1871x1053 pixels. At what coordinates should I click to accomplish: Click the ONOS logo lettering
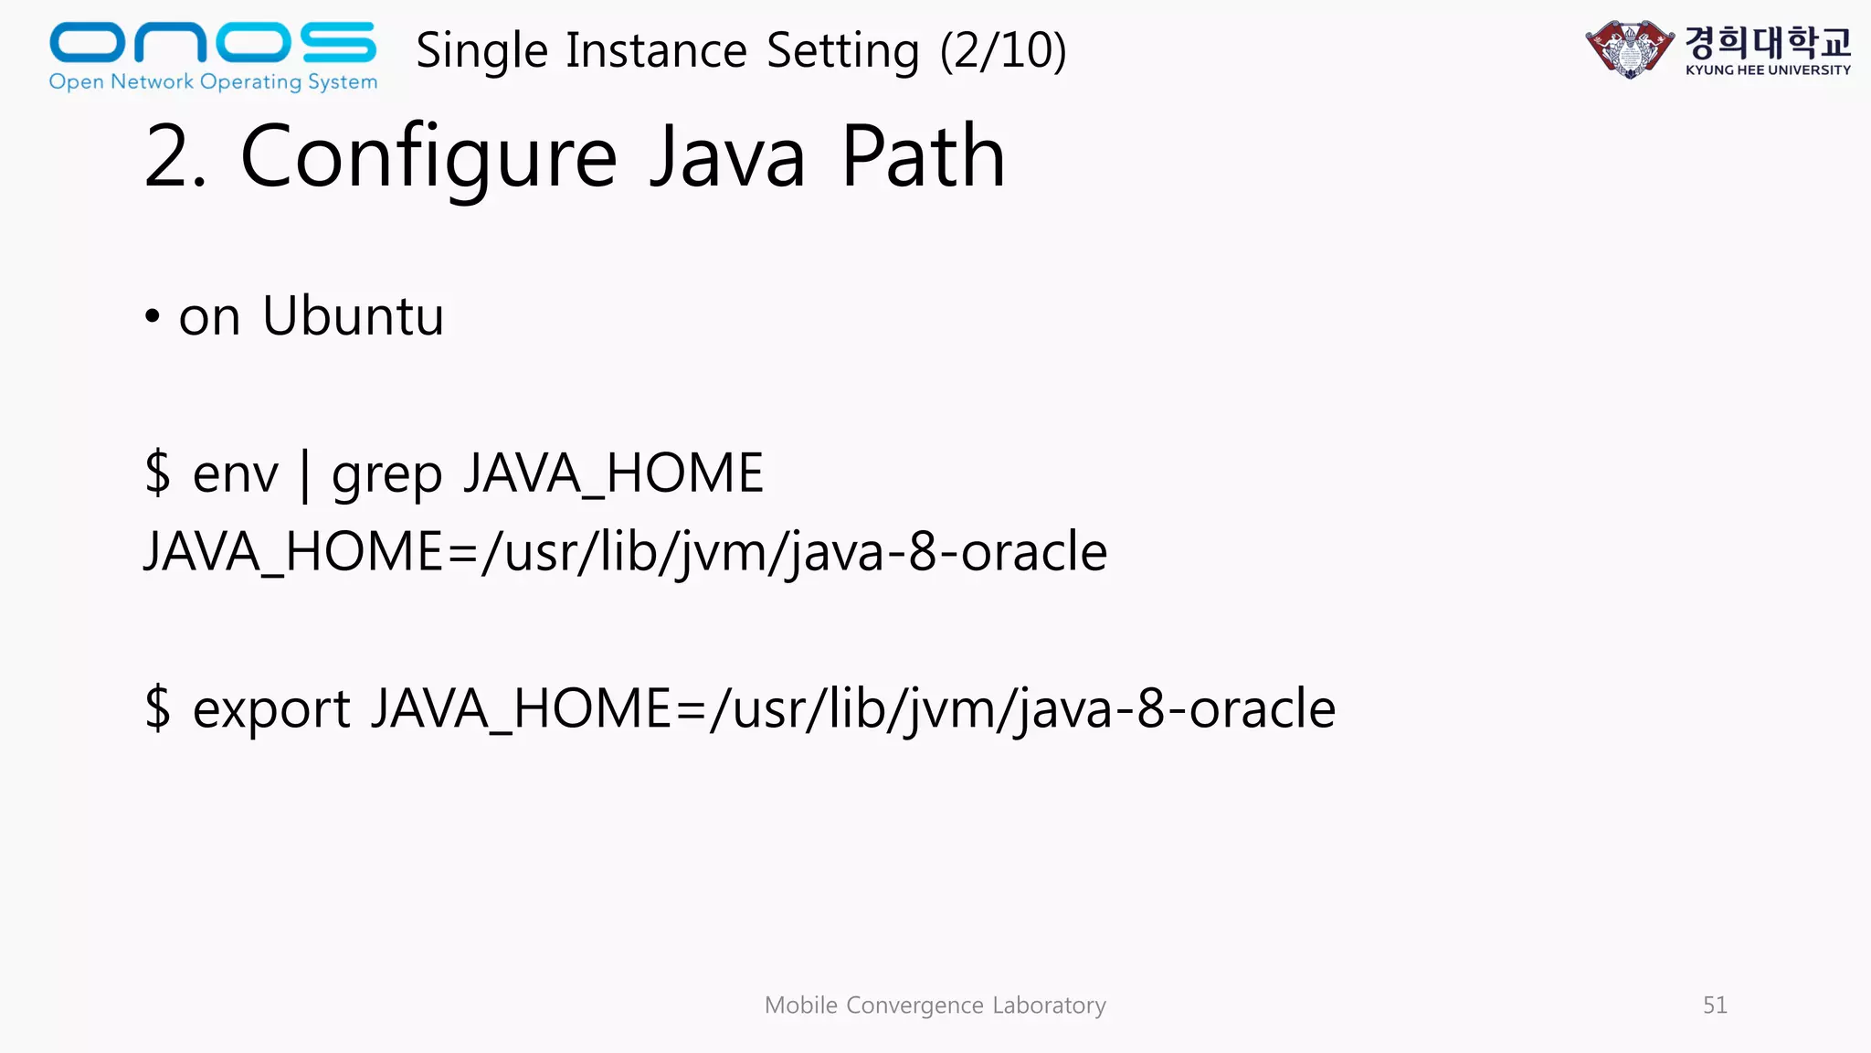pyautogui.click(x=212, y=42)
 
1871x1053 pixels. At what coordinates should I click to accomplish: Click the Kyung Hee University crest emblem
pyautogui.click(x=1630, y=49)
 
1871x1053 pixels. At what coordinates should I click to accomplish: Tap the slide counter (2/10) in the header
pyautogui.click(x=1003, y=50)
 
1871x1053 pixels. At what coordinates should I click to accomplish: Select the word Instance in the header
pyautogui.click(x=656, y=50)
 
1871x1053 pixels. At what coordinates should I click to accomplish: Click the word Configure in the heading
pyautogui.click(x=428, y=157)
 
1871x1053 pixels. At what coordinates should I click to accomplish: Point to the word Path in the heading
pyautogui.click(x=923, y=157)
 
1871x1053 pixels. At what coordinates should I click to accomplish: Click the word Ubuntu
pyautogui.click(x=353, y=316)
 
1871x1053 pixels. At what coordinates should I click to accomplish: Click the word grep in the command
pyautogui.click(x=386, y=474)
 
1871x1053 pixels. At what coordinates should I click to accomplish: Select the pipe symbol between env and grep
pyautogui.click(x=305, y=475)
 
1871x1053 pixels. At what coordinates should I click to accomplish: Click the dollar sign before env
pyautogui.click(x=158, y=473)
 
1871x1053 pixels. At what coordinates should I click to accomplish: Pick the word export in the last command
pyautogui.click(x=271, y=709)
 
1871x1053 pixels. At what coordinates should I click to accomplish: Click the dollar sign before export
pyautogui.click(x=158, y=708)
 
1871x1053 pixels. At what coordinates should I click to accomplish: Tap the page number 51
pyautogui.click(x=1715, y=1005)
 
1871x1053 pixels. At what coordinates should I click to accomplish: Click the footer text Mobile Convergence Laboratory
pyautogui.click(x=935, y=1005)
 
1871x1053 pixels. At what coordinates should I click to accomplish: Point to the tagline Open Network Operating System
pyautogui.click(x=213, y=81)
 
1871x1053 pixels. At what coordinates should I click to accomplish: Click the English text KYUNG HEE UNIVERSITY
pyautogui.click(x=1768, y=69)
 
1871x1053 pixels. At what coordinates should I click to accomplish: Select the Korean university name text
pyautogui.click(x=1768, y=41)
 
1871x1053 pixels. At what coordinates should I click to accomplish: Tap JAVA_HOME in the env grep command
pyautogui.click(x=613, y=474)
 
